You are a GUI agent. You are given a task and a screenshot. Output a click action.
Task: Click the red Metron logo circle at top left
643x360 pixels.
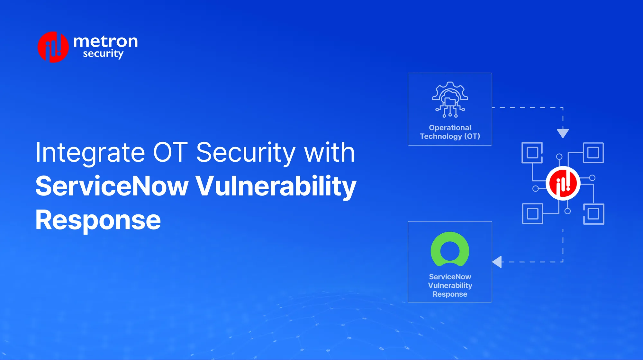tap(53, 47)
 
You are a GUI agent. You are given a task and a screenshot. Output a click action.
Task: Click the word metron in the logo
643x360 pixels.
tap(105, 41)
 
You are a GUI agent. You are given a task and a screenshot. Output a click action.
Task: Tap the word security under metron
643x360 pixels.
tap(103, 54)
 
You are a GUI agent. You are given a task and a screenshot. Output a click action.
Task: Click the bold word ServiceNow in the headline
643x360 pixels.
tap(112, 186)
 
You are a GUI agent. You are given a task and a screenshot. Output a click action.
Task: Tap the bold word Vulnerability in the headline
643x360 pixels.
tap(276, 186)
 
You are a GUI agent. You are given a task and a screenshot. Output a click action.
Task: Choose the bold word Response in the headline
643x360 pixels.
tap(98, 220)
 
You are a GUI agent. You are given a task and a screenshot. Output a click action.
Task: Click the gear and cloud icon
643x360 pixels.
tap(450, 99)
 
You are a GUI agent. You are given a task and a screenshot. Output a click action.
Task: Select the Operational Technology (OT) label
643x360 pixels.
tap(450, 132)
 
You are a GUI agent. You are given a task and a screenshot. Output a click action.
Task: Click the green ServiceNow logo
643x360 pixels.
tap(450, 249)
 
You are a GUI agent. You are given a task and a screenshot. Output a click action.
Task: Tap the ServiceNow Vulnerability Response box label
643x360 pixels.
tap(450, 285)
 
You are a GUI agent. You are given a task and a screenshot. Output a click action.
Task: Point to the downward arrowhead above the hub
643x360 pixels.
tap(563, 133)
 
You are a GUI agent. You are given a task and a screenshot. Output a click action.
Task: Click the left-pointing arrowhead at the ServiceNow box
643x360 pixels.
tap(497, 262)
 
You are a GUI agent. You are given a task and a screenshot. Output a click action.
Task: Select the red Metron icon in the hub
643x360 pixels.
tap(563, 183)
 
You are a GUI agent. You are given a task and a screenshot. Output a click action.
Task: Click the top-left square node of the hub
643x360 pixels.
tap(532, 152)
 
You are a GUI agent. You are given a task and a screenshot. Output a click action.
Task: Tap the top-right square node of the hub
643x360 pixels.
tap(593, 153)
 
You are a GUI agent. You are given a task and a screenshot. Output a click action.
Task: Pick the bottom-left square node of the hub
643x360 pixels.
tap(532, 213)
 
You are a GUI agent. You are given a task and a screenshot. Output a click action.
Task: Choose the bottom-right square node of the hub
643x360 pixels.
tap(593, 214)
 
